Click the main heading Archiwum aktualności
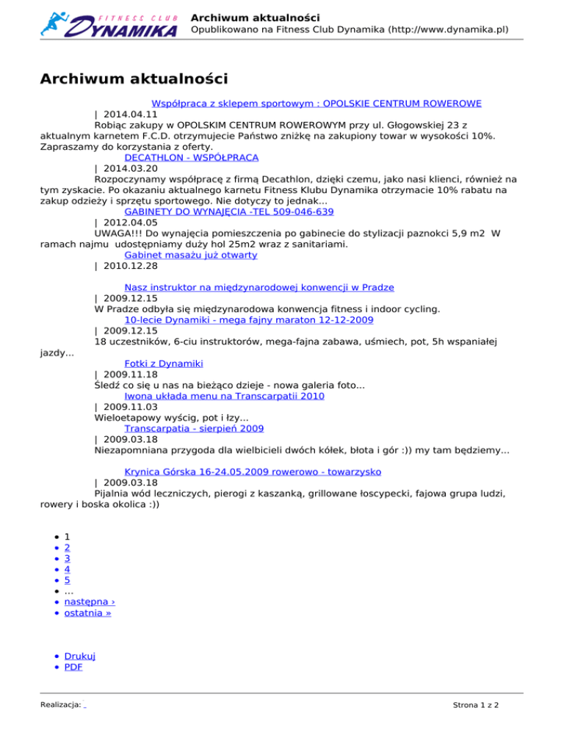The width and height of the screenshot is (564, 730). [134, 79]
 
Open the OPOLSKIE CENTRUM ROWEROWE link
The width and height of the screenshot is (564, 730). [321, 104]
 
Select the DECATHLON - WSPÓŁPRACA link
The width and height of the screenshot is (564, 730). [192, 157]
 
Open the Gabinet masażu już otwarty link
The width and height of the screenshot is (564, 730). [191, 255]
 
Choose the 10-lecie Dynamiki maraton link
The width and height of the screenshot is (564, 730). [249, 320]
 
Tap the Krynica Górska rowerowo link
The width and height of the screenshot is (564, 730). [253, 471]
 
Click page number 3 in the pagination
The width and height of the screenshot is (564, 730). [68, 558]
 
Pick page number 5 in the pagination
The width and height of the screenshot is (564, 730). [68, 579]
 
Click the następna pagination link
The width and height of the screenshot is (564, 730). [89, 601]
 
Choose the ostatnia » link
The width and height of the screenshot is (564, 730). [88, 612]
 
